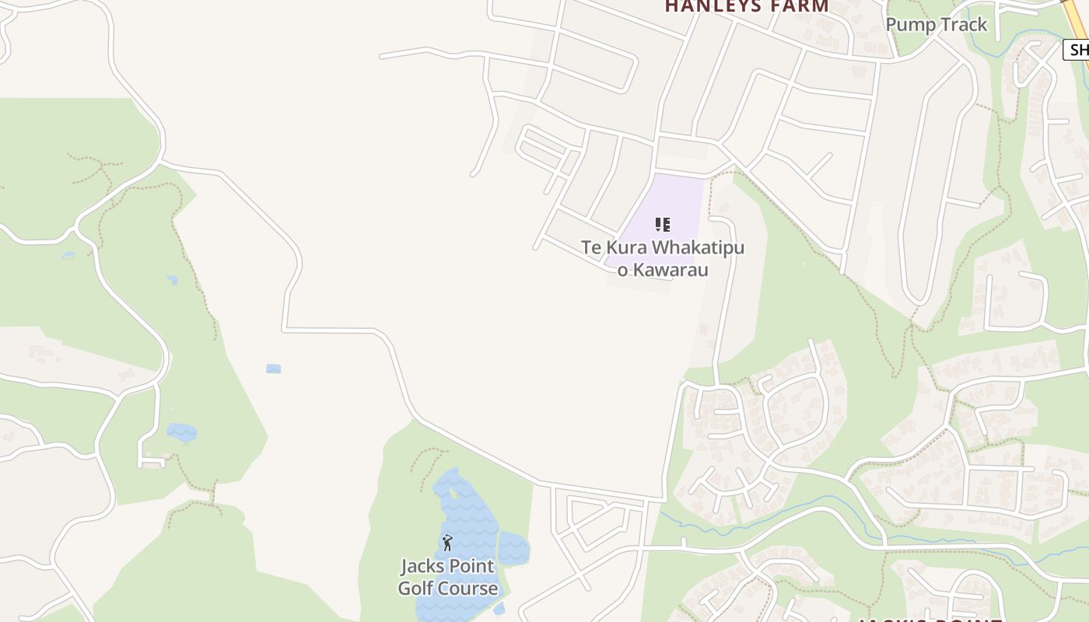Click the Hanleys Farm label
[x=746, y=6]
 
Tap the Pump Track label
[x=936, y=24]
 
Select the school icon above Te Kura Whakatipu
[x=662, y=225]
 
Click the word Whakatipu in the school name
[x=698, y=248]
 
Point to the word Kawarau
[x=670, y=270]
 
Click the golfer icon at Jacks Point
[x=447, y=543]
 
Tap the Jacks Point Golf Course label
[x=448, y=577]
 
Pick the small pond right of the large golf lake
[x=513, y=548]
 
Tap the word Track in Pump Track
[x=961, y=24]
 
